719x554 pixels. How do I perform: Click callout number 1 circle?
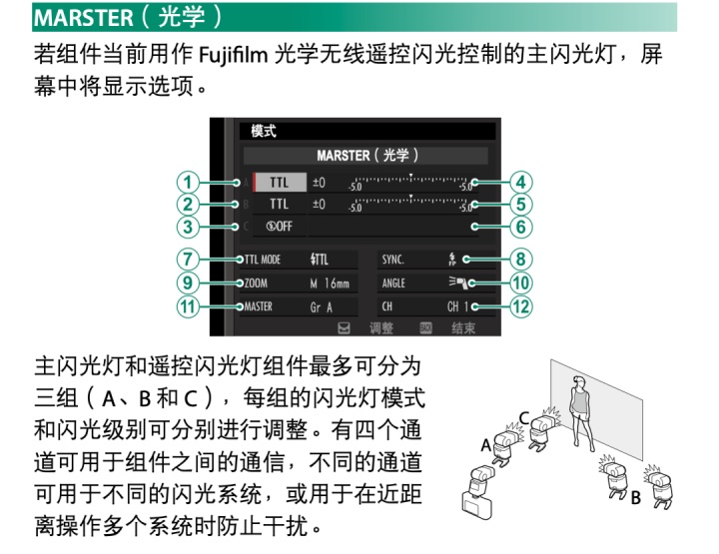click(x=186, y=183)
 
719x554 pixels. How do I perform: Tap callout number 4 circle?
click(x=520, y=183)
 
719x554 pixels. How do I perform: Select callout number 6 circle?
click(x=520, y=227)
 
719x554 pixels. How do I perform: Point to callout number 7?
click(x=186, y=260)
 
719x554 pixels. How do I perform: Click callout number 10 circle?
click(x=520, y=282)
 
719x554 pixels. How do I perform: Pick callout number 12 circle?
click(x=520, y=306)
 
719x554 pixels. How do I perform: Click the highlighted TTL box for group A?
click(x=279, y=183)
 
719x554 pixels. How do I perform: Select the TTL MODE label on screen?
click(x=264, y=260)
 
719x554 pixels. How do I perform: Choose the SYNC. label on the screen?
click(x=393, y=260)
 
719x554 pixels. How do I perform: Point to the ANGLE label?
click(x=394, y=283)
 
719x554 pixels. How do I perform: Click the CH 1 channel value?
click(x=459, y=307)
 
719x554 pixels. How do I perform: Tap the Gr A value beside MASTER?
click(x=322, y=307)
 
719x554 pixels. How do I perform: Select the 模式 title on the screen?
click(x=264, y=131)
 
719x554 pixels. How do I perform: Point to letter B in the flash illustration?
click(x=635, y=498)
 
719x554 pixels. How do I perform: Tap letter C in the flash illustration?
click(x=523, y=418)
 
